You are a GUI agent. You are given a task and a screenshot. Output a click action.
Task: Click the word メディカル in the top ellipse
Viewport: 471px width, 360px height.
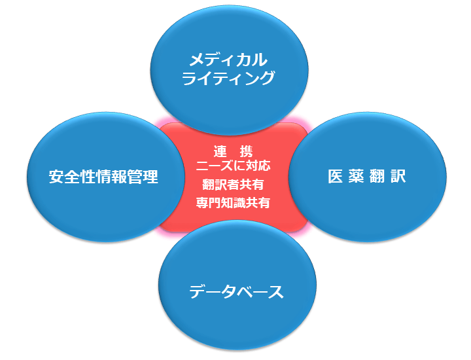[228, 60]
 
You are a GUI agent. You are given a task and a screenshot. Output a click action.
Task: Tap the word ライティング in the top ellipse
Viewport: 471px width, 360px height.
[228, 78]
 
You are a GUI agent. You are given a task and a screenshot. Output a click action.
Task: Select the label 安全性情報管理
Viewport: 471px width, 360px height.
[103, 176]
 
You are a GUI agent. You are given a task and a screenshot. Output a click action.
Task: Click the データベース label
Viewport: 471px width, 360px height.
[236, 291]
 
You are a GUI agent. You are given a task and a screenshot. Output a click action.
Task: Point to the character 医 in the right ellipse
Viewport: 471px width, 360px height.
[335, 176]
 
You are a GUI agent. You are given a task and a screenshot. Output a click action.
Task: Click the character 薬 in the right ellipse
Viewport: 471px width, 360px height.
[357, 176]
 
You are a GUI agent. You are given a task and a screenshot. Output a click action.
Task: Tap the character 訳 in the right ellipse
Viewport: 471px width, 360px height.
[398, 176]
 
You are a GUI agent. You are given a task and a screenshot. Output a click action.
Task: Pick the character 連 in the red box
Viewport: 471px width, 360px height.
[220, 151]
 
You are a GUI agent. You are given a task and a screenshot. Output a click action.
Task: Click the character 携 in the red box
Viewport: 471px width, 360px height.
[246, 151]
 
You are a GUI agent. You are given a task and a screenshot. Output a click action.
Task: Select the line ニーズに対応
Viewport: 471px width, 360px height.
[233, 166]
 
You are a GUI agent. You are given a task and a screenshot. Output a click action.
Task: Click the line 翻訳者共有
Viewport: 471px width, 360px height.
[233, 184]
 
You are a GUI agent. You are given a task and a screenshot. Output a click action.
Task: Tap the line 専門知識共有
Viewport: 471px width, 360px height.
[233, 202]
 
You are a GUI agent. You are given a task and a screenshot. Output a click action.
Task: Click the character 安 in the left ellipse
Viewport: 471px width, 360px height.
[56, 176]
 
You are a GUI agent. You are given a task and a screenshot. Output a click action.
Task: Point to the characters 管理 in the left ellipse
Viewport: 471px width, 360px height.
[143, 176]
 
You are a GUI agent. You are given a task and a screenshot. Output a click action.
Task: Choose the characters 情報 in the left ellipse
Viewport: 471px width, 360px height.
[111, 176]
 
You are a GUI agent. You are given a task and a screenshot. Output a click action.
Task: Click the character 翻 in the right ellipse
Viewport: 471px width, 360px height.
[377, 176]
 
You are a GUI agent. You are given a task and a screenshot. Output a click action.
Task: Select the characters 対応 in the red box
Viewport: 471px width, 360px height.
[258, 166]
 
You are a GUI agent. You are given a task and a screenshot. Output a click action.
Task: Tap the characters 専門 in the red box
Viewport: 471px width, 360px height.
[208, 202]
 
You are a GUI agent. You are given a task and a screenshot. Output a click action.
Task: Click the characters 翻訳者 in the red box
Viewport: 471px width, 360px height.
[220, 184]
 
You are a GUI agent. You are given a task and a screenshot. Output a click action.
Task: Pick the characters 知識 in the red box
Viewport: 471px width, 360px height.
[233, 202]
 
